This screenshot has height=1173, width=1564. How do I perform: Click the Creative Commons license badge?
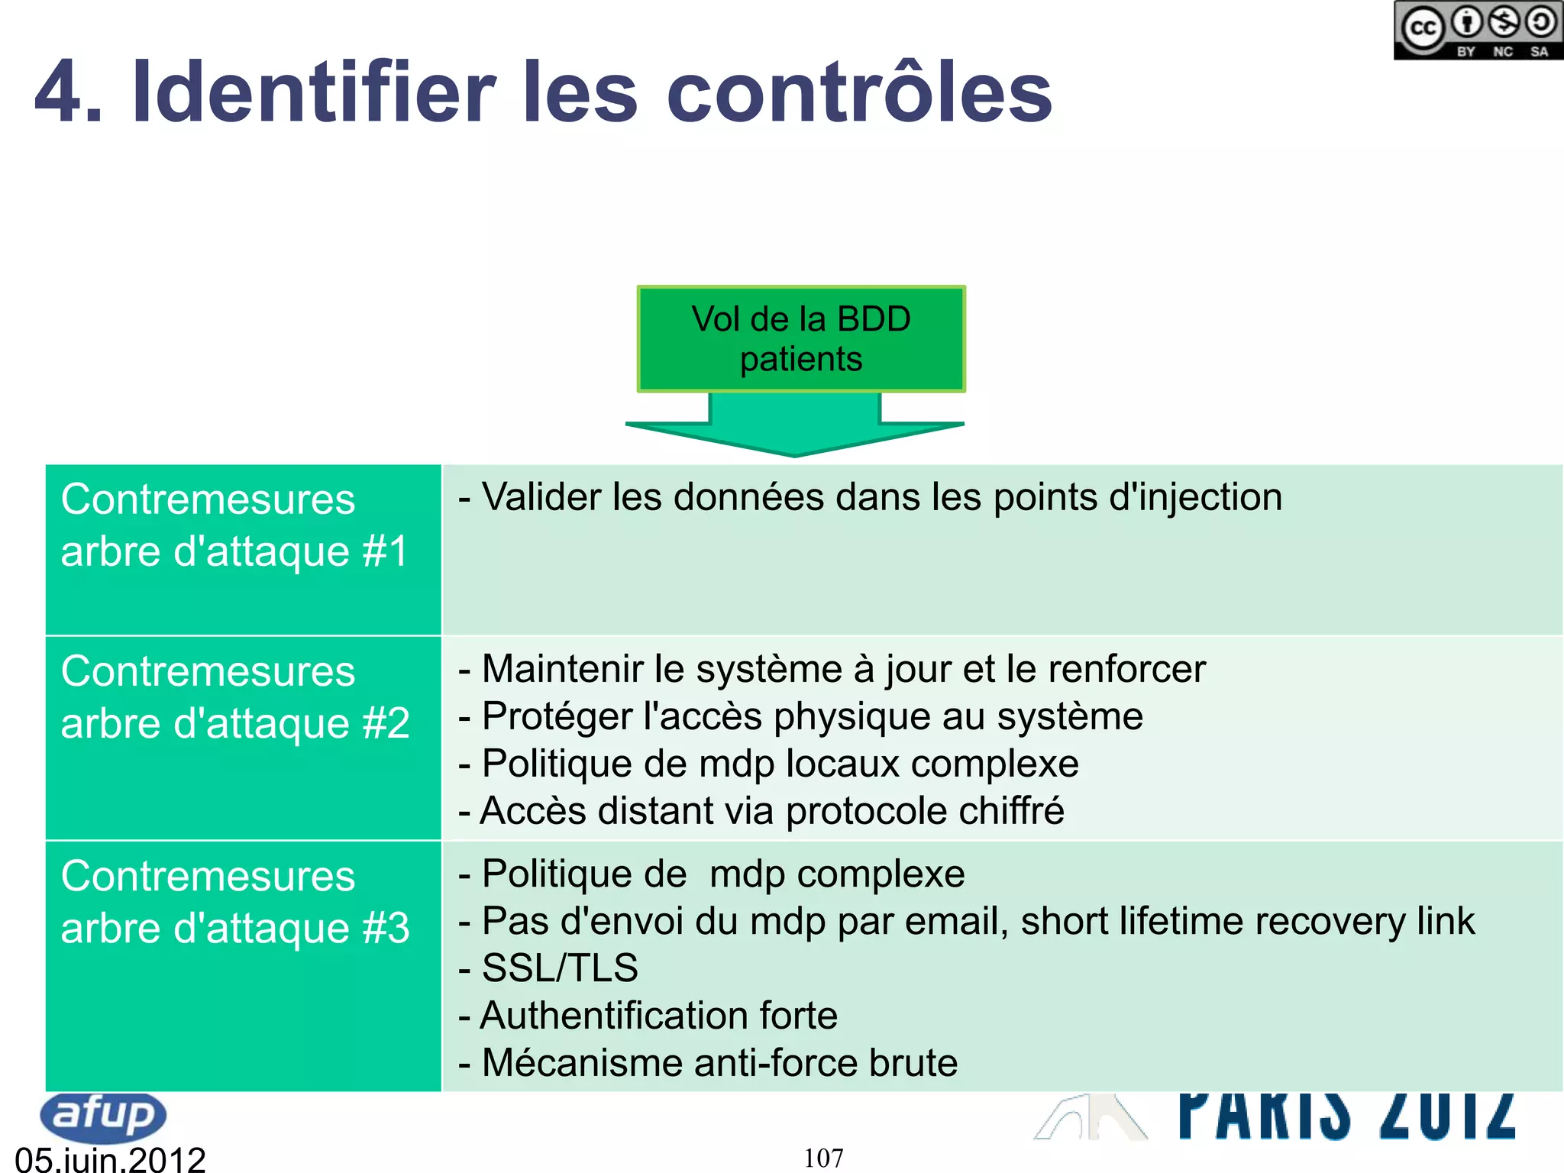(1478, 31)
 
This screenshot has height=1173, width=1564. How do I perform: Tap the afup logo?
(103, 1116)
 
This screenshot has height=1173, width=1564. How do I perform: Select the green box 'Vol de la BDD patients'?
(801, 339)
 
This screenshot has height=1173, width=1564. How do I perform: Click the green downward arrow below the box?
(795, 428)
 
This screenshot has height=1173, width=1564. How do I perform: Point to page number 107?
(823, 1158)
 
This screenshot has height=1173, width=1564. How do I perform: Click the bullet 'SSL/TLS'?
(560, 968)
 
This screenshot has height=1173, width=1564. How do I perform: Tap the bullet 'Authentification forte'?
(658, 1016)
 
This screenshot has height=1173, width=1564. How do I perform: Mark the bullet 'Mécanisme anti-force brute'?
(719, 1063)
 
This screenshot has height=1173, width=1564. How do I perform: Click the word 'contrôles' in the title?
(859, 93)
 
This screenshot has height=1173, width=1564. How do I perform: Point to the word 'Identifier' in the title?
(314, 93)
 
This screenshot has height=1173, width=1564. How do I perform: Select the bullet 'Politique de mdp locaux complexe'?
(780, 764)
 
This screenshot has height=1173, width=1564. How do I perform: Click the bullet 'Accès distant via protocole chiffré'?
(772, 811)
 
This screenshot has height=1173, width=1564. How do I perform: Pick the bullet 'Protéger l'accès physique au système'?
(812, 716)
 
